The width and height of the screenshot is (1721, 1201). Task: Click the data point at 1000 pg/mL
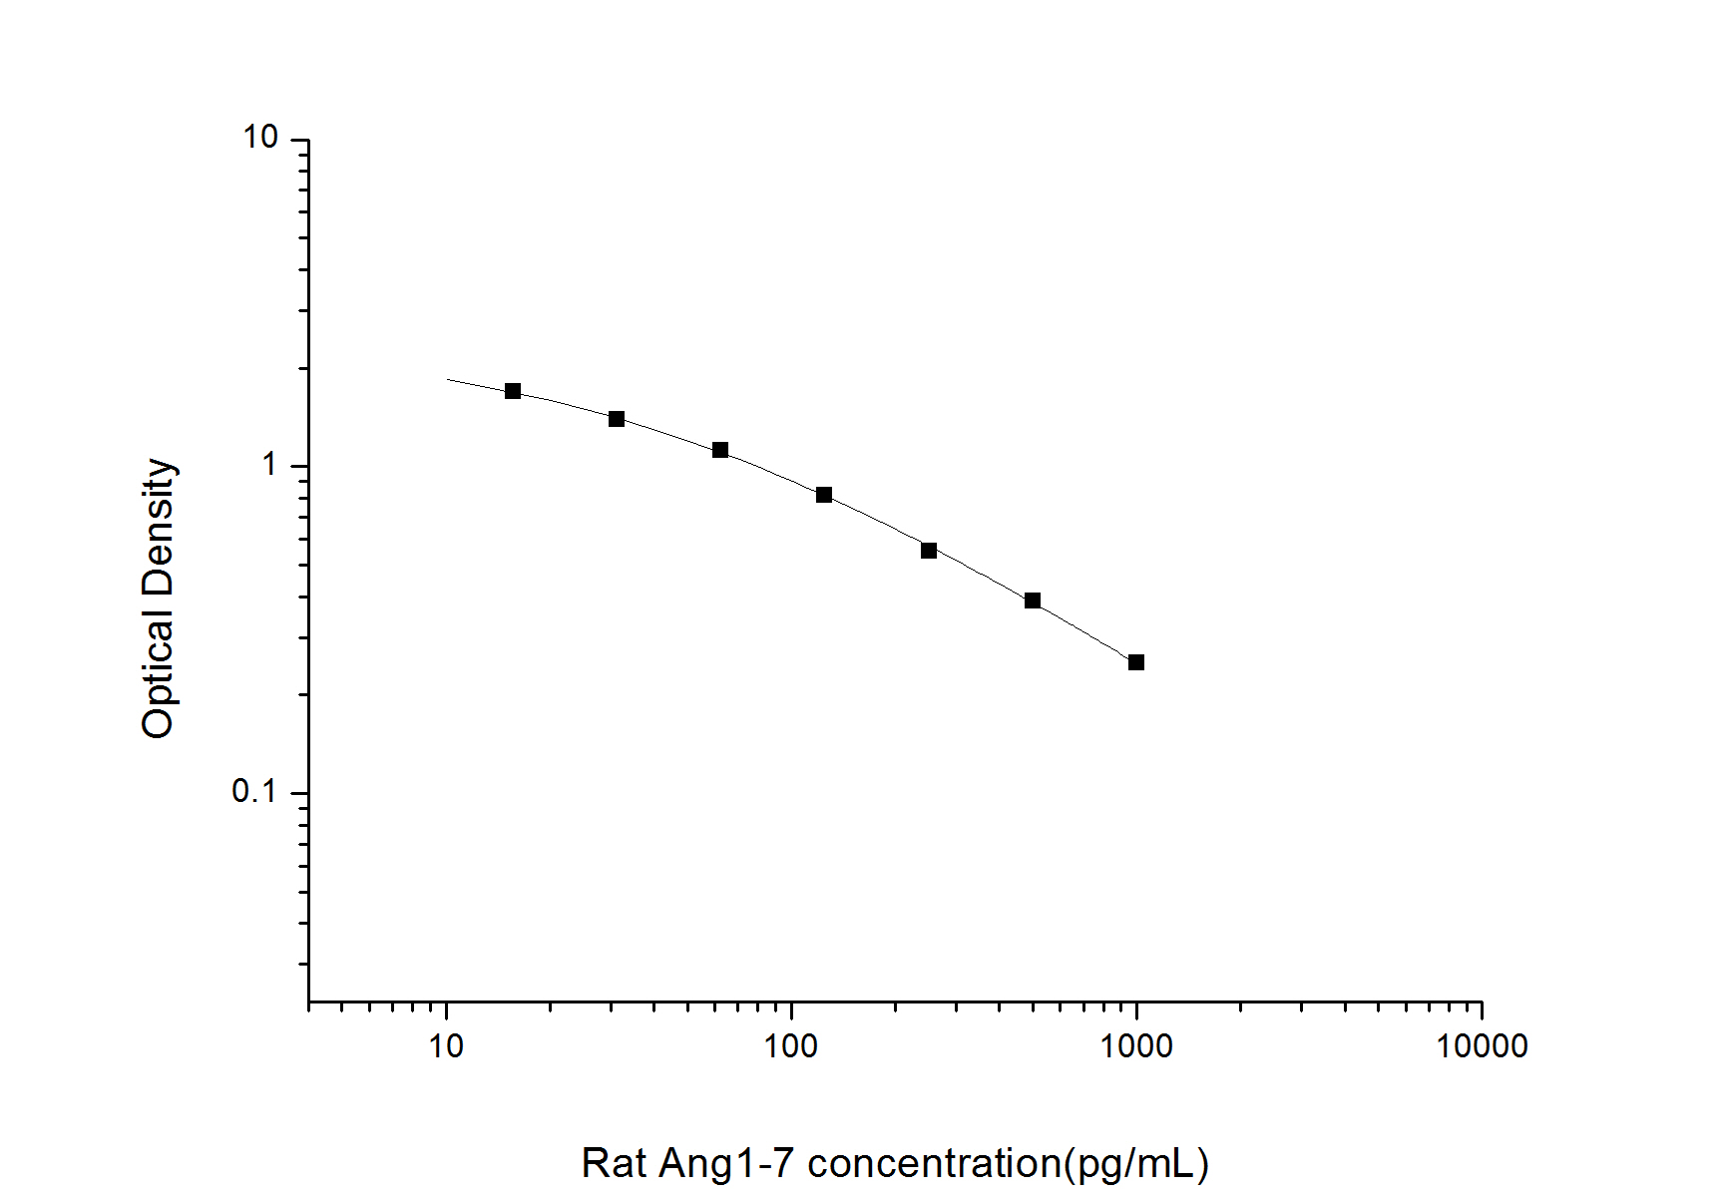click(x=1135, y=662)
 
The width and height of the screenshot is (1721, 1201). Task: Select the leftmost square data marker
click(x=513, y=391)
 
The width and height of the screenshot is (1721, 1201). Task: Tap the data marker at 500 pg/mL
click(x=1033, y=600)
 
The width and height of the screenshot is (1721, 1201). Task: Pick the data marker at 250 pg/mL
click(x=929, y=551)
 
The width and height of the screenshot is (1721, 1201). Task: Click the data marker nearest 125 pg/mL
click(x=824, y=495)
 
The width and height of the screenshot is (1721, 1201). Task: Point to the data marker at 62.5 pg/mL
click(x=720, y=450)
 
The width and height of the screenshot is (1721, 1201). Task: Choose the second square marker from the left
click(x=617, y=419)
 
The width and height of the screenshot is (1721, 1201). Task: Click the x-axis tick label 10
click(x=446, y=1046)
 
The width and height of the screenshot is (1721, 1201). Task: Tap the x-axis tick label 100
click(x=791, y=1046)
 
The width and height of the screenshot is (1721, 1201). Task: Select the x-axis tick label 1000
click(x=1136, y=1046)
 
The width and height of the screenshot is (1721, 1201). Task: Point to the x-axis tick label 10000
click(x=1482, y=1046)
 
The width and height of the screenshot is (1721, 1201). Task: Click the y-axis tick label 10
click(x=260, y=137)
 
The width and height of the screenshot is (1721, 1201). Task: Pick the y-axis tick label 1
click(x=268, y=464)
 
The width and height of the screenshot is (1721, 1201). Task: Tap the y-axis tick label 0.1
click(x=254, y=791)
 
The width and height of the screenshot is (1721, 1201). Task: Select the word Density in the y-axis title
click(x=159, y=526)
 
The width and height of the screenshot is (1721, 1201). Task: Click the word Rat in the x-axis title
click(x=613, y=1163)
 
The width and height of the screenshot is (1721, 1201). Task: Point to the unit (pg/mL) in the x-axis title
click(x=1136, y=1163)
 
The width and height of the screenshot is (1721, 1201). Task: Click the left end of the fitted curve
click(x=448, y=379)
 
